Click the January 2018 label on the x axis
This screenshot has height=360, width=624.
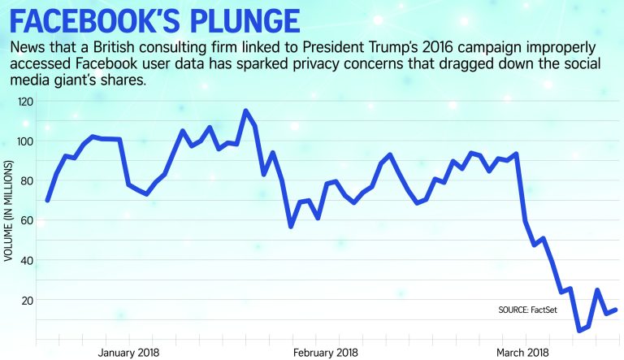[128, 353]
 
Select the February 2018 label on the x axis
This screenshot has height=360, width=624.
[325, 353]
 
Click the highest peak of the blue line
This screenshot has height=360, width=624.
[245, 111]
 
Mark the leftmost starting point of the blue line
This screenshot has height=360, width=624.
[47, 200]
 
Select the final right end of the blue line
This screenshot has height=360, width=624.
[617, 310]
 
